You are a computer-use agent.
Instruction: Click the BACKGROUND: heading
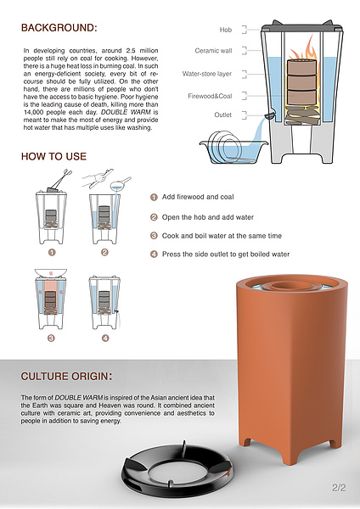pyautogui.click(x=59, y=28)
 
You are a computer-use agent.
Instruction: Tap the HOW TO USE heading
pyautogui.click(x=54, y=156)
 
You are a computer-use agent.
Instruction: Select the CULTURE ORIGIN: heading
pyautogui.click(x=66, y=376)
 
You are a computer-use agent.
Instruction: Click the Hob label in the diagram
pyautogui.click(x=226, y=30)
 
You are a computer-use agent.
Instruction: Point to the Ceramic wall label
pyautogui.click(x=213, y=51)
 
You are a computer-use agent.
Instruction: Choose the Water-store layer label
pyautogui.click(x=207, y=74)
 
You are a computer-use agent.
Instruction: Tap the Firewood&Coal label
pyautogui.click(x=210, y=96)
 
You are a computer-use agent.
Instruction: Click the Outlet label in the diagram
pyautogui.click(x=223, y=115)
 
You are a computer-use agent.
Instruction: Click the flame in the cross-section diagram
pyautogui.click(x=303, y=48)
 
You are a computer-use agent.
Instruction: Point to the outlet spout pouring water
pyautogui.click(x=270, y=115)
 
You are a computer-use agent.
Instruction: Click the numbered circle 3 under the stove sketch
pyautogui.click(x=51, y=338)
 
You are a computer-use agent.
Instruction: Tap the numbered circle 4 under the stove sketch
pyautogui.click(x=105, y=338)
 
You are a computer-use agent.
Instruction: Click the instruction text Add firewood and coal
pyautogui.click(x=198, y=197)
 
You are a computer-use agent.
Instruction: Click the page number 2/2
pyautogui.click(x=339, y=488)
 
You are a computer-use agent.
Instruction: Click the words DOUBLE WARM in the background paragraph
pyautogui.click(x=126, y=112)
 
